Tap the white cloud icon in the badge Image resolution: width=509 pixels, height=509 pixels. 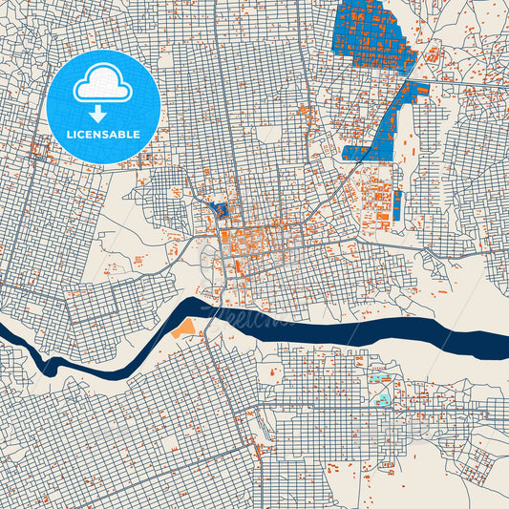click(x=103, y=85)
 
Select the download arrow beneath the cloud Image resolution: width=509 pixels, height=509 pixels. click(x=103, y=114)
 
